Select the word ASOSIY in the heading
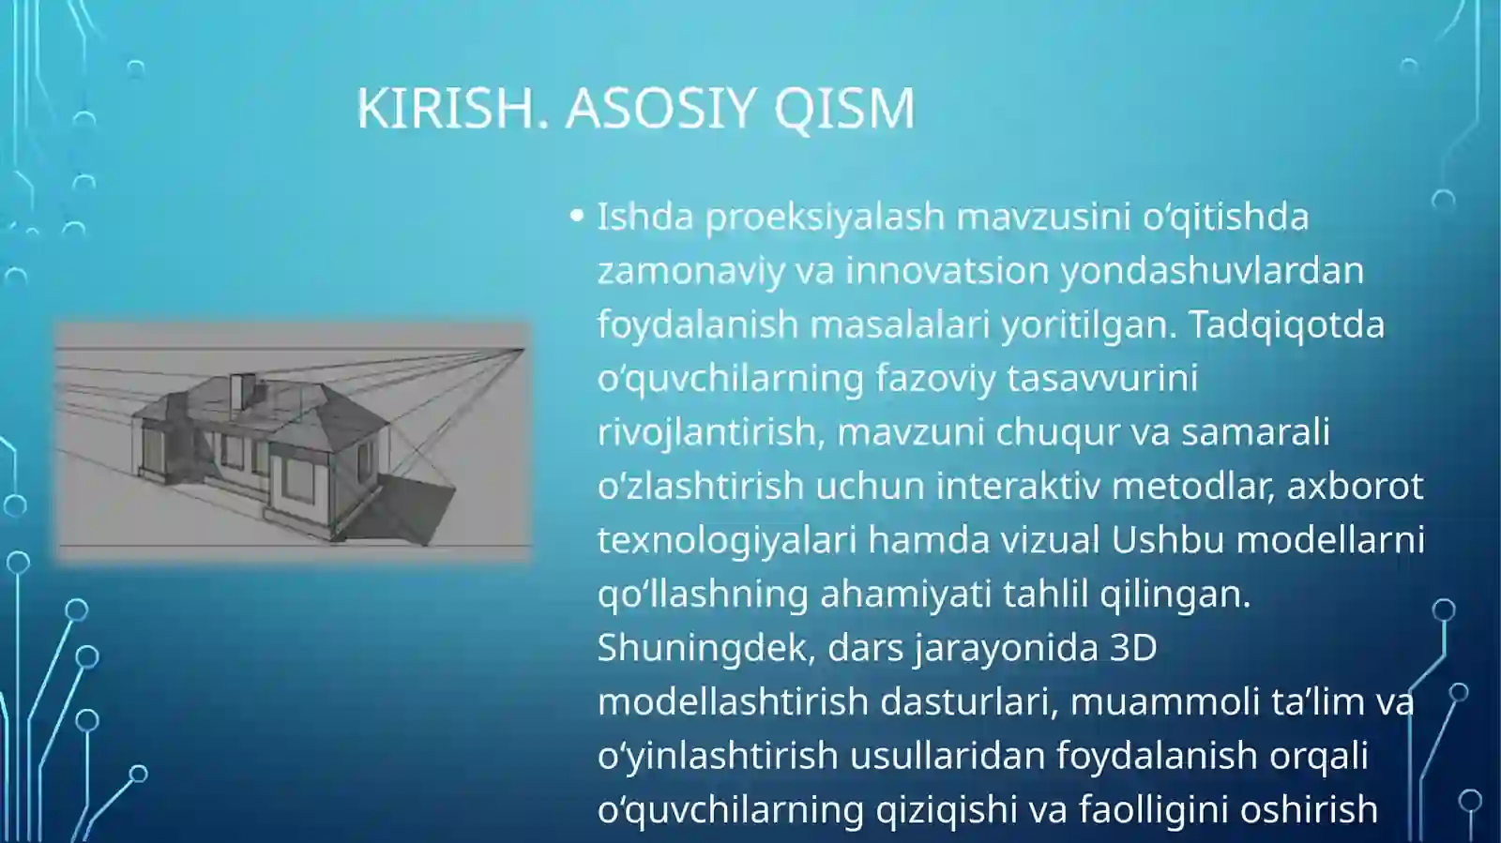[660, 108]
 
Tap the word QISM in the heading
[844, 108]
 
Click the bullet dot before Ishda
[577, 217]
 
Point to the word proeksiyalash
[825, 217]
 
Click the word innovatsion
[948, 271]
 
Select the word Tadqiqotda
[1286, 324]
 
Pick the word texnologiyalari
[727, 540]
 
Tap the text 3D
[1133, 648]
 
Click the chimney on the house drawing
[242, 392]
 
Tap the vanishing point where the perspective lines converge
[522, 350]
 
